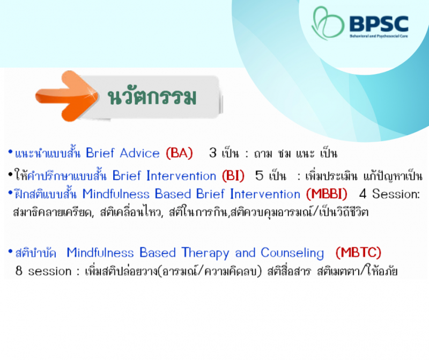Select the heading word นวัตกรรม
[x=152, y=98]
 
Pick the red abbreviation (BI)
[x=233, y=175]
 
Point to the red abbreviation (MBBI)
[x=327, y=193]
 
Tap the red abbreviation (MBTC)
[x=359, y=252]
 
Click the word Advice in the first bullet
[x=140, y=153]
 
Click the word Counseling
[x=293, y=252]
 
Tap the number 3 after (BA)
[x=213, y=153]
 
